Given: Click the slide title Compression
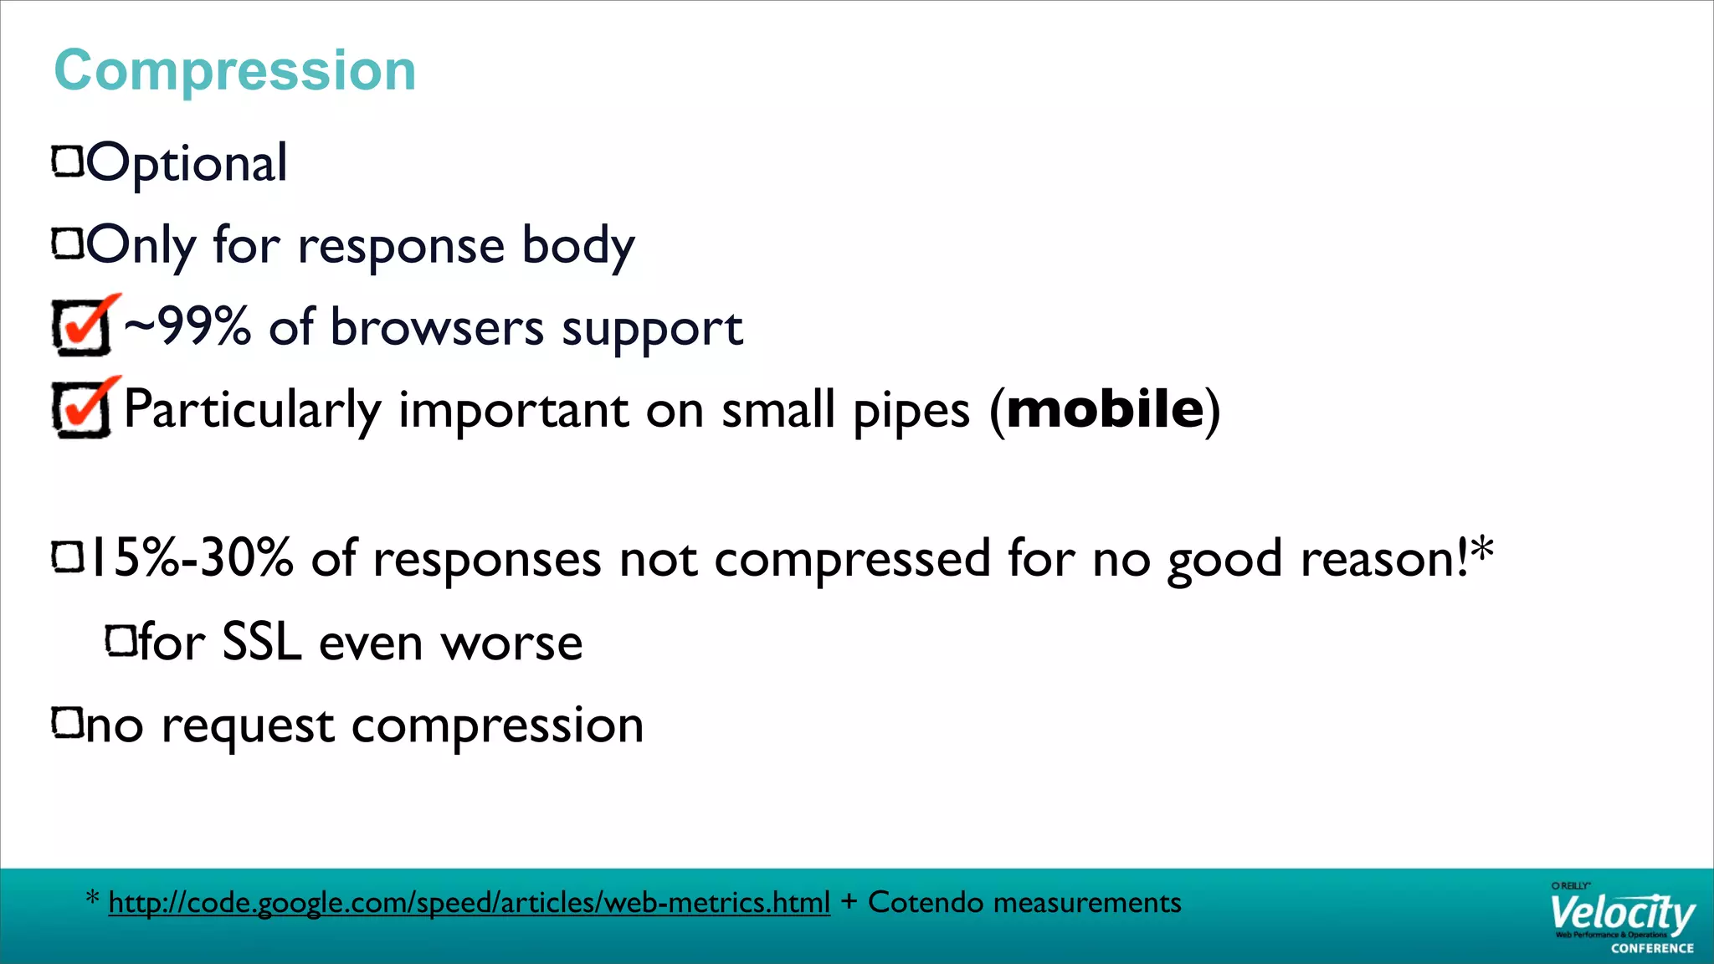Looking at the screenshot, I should pos(234,70).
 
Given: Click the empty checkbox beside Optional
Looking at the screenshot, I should pos(68,162).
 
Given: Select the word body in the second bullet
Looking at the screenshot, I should pos(578,246).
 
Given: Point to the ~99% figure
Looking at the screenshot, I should pos(187,326).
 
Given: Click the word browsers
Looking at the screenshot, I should pos(437,327).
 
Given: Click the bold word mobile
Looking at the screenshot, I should pos(1105,409).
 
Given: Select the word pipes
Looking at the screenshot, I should pos(911,411).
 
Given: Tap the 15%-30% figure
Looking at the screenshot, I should pos(191,558).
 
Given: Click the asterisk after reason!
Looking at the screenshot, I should pos(1482,549).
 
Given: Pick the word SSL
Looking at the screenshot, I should pos(261,643).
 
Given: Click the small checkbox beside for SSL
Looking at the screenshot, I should pos(121,641).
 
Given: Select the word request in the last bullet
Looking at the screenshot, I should pos(248,726).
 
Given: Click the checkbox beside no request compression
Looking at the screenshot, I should pos(68,723).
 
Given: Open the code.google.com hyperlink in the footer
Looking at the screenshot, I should pos(469,902).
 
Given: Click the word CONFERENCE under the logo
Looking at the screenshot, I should pos(1652,948).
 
